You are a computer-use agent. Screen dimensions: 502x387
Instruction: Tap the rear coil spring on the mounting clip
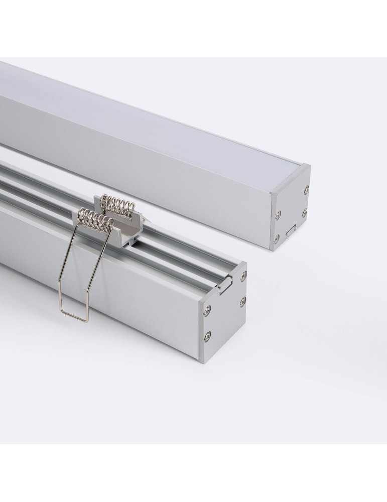tap(114, 204)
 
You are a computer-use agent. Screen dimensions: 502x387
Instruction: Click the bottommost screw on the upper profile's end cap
tap(276, 236)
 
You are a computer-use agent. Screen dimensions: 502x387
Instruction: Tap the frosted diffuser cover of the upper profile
tap(151, 115)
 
